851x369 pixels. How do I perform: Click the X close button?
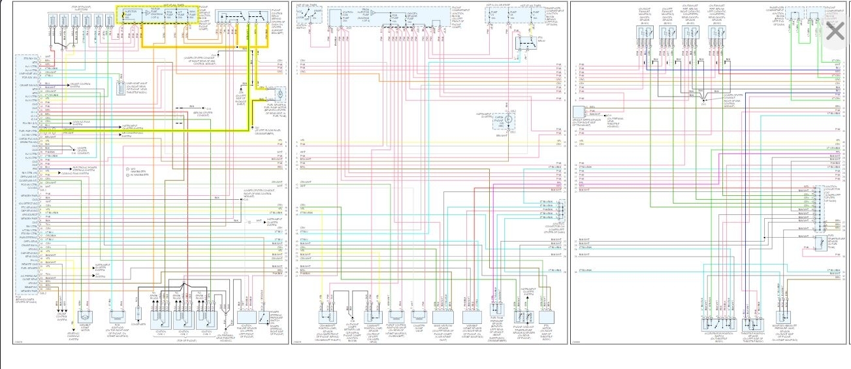(x=835, y=31)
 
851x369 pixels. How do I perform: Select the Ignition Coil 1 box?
(x=161, y=318)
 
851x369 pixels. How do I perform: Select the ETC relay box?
(x=523, y=43)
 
